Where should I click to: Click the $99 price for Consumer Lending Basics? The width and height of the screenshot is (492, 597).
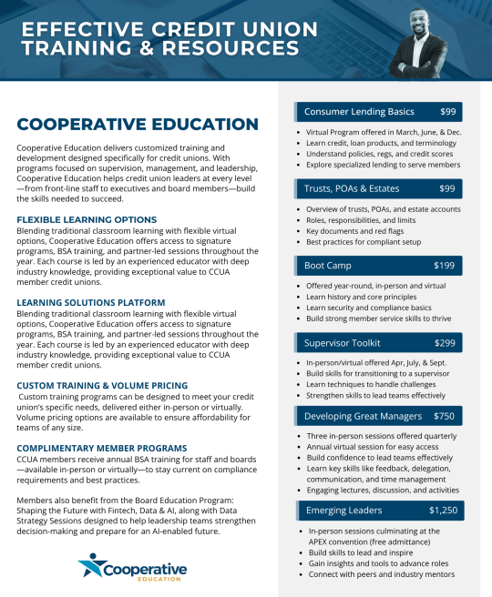pos(447,112)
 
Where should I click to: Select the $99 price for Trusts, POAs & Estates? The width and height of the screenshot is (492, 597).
pos(447,188)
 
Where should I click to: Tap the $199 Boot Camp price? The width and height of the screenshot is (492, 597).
pos(446,266)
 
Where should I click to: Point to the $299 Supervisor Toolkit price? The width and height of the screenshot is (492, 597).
pos(446,343)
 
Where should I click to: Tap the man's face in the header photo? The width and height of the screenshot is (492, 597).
pos(418,20)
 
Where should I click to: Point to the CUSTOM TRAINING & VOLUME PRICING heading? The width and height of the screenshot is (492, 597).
pos(102,385)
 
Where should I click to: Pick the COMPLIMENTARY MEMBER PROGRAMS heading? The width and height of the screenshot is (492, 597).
pos(100,449)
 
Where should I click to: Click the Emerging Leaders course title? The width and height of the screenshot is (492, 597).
pos(343,510)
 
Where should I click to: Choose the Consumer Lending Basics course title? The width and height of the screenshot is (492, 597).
pos(359,112)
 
